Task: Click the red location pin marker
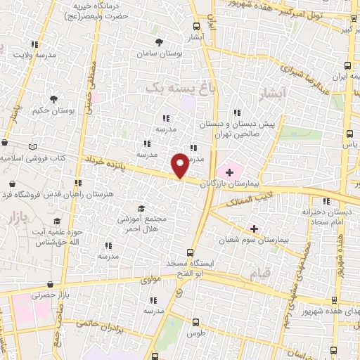[x=180, y=165]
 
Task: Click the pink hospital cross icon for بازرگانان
[x=229, y=170]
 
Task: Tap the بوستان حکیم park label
[x=53, y=110]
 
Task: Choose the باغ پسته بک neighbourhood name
[x=179, y=88]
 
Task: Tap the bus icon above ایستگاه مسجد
[x=189, y=252]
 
